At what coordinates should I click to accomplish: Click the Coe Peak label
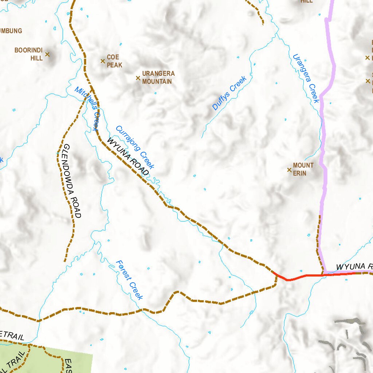pos(114,61)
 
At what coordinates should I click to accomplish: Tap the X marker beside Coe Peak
pos(103,61)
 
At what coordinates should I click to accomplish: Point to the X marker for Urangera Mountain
pos(138,78)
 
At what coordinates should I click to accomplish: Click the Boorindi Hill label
pos(29,54)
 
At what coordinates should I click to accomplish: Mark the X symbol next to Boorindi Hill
pos(47,54)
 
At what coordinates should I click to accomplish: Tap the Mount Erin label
pos(303,169)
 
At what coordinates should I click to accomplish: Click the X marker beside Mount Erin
pos(289,170)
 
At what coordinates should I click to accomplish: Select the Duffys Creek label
pos(229,93)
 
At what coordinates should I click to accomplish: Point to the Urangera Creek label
pos(306,78)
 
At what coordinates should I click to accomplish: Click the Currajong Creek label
pos(135,147)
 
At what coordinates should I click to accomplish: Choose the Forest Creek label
pos(129,280)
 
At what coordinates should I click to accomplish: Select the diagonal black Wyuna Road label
pos(128,156)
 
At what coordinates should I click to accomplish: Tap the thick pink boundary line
pos(323,146)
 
